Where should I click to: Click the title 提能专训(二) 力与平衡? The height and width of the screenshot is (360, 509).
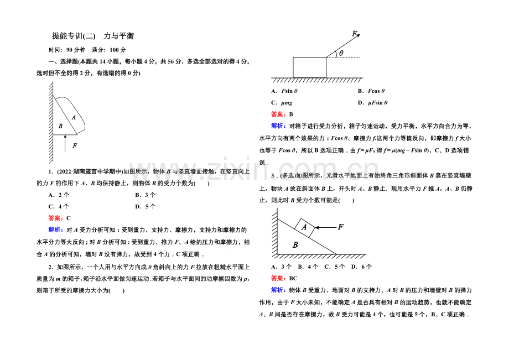(x=93, y=36)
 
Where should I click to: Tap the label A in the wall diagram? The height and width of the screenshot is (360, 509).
(x=74, y=117)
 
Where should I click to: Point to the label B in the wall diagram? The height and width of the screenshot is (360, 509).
(x=60, y=126)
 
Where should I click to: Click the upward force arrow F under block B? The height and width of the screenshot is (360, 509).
(x=65, y=143)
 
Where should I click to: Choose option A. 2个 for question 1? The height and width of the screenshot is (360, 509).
(x=59, y=195)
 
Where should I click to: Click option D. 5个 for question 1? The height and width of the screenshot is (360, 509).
(x=146, y=207)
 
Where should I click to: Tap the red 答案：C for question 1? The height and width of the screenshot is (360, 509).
(x=59, y=218)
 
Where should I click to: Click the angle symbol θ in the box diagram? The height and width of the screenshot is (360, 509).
(x=341, y=53)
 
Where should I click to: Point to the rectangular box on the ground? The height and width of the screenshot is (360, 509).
(x=310, y=67)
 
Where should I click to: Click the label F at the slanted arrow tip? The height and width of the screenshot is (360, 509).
(x=355, y=33)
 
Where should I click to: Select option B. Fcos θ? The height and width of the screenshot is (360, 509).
(x=371, y=91)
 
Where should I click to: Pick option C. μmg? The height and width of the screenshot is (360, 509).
(x=282, y=103)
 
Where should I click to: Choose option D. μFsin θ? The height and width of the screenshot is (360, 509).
(x=373, y=103)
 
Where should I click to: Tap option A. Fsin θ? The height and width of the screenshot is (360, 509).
(x=284, y=91)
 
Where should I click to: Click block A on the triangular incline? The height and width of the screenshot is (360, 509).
(x=304, y=227)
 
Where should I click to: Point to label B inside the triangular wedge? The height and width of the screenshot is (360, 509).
(x=295, y=245)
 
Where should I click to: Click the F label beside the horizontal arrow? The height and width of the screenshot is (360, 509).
(x=340, y=227)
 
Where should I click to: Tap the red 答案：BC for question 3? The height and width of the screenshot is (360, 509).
(x=284, y=279)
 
